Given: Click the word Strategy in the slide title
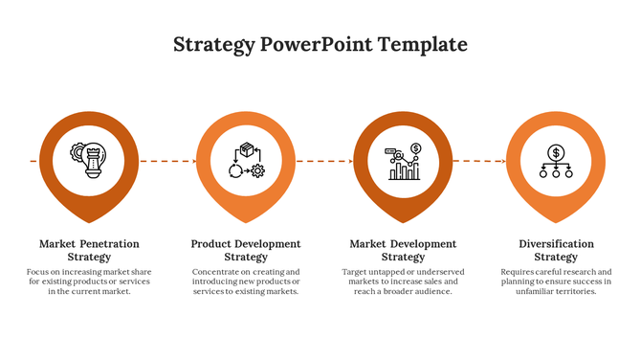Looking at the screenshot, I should [214, 45].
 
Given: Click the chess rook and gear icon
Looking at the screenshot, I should [89, 157].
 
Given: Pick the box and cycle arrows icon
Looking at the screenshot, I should [246, 160].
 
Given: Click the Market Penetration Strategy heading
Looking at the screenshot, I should [89, 250].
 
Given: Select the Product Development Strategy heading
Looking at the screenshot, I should [246, 250].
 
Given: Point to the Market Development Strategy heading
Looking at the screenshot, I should [403, 250].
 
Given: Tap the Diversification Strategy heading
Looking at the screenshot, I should [556, 250].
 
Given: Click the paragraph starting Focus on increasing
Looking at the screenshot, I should [89, 281].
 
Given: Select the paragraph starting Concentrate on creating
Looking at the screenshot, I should [246, 281].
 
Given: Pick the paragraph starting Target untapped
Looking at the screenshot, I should [403, 281].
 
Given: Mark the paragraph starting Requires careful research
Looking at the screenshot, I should [556, 281].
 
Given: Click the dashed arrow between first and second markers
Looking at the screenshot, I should [167, 161].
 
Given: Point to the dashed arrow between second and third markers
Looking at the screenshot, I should [324, 161].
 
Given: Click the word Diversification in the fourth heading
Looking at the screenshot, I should [556, 244].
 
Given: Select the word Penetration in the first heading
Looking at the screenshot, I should [109, 244].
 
